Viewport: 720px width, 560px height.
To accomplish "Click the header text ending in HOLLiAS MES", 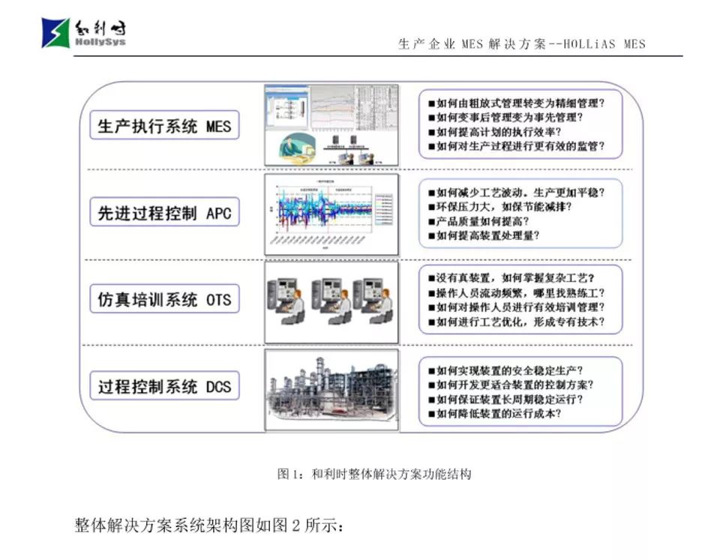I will (521, 44).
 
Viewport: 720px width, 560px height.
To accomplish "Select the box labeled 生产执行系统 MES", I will (164, 125).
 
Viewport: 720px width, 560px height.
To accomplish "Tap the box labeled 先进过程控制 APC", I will (164, 213).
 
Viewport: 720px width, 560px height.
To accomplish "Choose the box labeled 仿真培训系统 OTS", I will (164, 300).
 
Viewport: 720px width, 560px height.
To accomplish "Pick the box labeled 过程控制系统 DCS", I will (164, 387).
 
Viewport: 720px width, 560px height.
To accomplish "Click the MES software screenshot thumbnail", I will (331, 124).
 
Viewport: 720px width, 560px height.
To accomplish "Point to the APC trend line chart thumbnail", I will (331, 214).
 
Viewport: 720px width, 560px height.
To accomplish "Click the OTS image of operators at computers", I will (331, 302).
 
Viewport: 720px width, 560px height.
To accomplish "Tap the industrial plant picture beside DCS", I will (331, 390).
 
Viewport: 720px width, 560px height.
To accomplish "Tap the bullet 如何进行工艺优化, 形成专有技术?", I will (520, 322).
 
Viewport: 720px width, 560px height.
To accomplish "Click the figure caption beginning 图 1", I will (374, 475).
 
